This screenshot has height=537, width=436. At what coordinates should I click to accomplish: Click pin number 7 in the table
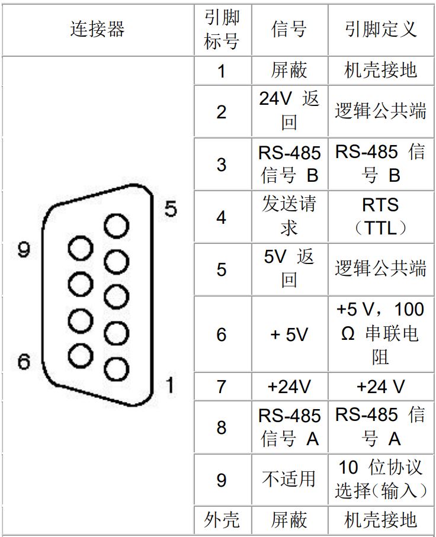(222, 387)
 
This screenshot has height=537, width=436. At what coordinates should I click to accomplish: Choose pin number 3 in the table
(222, 165)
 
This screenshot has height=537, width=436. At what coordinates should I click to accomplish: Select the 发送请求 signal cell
(289, 217)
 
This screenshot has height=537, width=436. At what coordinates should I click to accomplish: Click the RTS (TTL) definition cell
(381, 217)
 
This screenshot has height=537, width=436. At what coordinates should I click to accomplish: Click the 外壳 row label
(222, 520)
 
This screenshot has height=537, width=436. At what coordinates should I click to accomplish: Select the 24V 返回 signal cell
(289, 111)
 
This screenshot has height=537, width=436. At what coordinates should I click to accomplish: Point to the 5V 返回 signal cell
(289, 269)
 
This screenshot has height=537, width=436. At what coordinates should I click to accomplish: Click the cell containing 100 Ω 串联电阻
(381, 334)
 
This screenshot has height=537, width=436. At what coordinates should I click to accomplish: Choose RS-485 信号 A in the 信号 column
(289, 427)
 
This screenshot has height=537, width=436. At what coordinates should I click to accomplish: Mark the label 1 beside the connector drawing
(169, 385)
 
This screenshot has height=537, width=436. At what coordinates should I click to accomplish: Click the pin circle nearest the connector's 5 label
(116, 226)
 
